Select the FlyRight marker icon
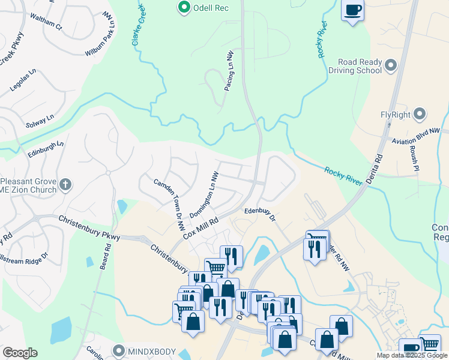[420, 113]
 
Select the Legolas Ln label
[23, 80]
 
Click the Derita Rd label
[375, 162]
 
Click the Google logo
[20, 353]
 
